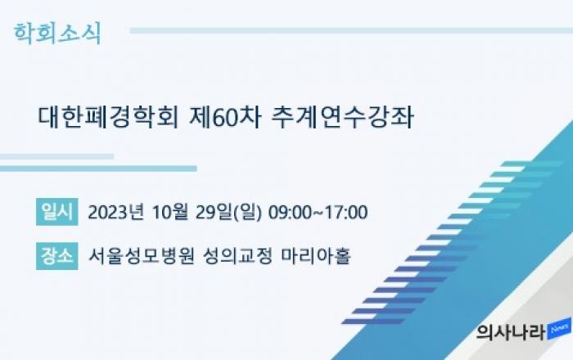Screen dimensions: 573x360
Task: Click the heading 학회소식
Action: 57,34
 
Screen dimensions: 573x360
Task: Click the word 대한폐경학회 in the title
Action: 108,117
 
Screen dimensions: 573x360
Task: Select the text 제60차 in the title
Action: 225,117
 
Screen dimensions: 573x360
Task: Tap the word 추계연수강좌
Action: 343,117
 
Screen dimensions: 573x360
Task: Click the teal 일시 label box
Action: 57,212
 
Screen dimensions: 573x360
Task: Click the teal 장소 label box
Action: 57,256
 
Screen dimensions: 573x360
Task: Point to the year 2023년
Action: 116,212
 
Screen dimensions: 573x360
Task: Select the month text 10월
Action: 170,212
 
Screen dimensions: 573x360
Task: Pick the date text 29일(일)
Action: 228,213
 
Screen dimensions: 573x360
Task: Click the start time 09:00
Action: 290,213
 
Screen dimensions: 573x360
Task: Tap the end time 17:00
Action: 346,213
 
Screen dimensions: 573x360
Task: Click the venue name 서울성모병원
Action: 141,256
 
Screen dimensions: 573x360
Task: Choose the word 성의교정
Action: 237,256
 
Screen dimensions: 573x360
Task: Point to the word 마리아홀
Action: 316,256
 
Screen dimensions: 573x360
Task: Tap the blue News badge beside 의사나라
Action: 559,329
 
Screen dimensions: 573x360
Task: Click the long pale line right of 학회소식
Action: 351,30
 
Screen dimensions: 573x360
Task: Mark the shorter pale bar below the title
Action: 56,156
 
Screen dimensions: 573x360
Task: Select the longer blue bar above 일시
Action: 98,169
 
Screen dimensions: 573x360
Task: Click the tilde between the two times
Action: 318,213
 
